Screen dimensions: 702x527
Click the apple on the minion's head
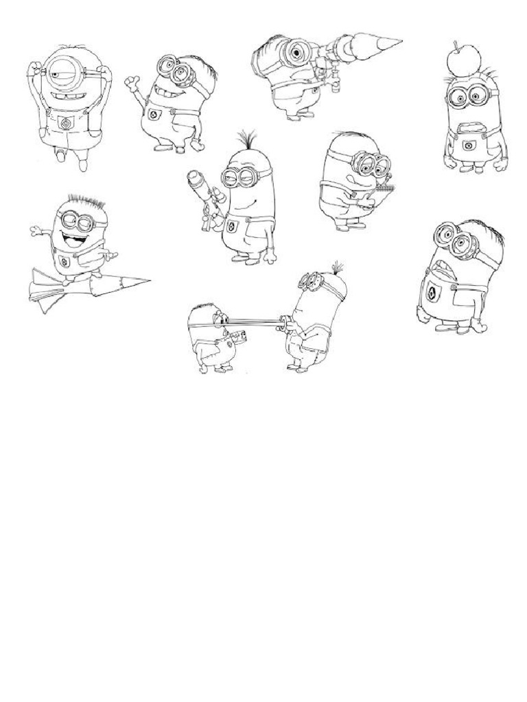point(458,60)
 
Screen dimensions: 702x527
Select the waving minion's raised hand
point(132,84)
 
